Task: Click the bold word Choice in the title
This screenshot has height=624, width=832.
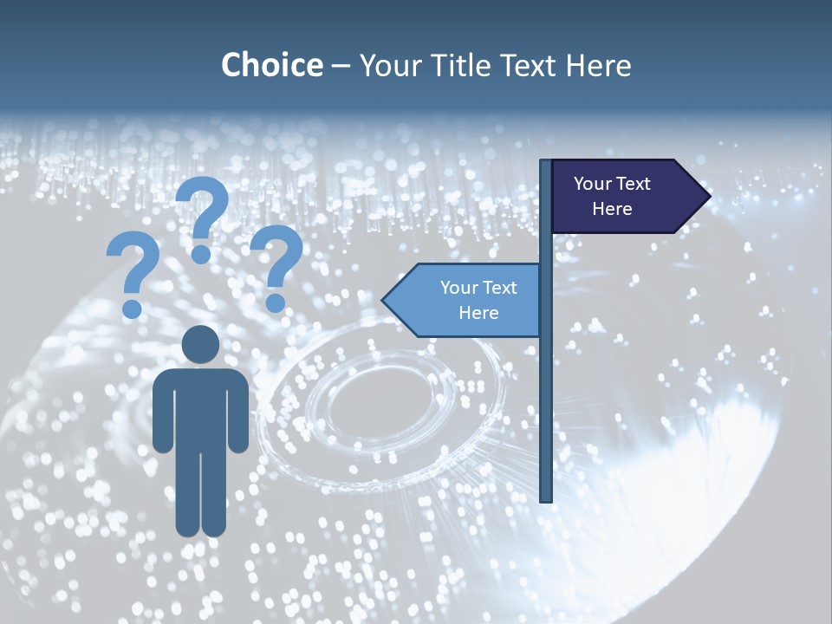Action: coord(271,65)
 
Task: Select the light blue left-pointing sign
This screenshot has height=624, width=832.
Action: coord(468,300)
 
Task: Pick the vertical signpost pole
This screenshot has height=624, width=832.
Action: coord(546,390)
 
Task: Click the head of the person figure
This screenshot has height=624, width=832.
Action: coord(200,345)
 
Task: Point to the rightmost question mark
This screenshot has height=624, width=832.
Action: coord(276,260)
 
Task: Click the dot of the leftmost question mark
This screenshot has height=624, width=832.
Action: coord(132,308)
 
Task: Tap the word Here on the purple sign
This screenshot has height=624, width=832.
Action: coord(612,209)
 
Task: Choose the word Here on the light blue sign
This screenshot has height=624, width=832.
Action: coord(478,313)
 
